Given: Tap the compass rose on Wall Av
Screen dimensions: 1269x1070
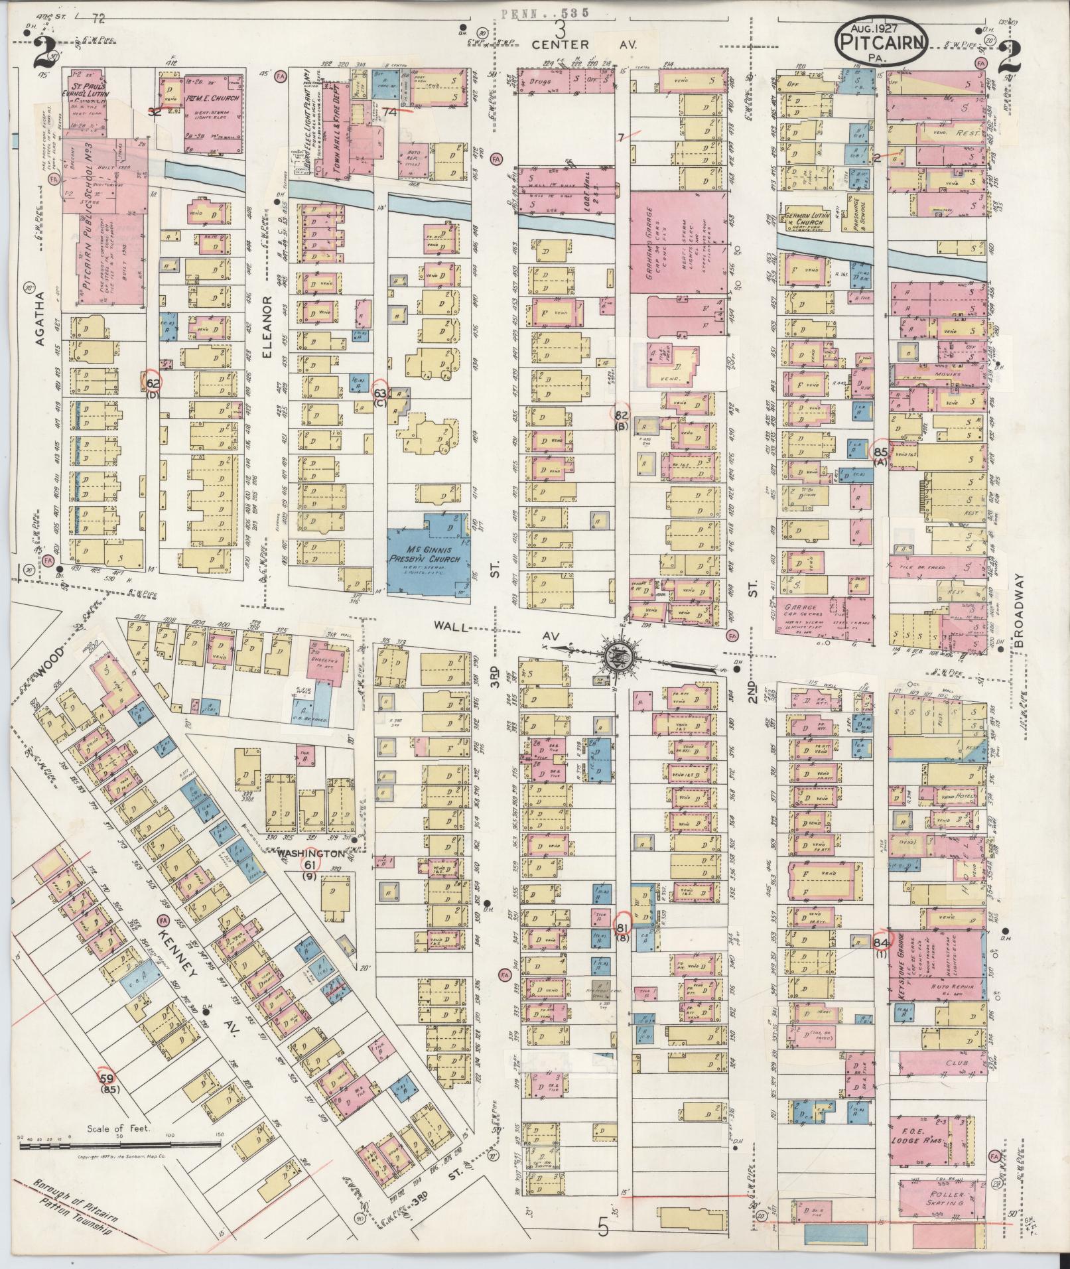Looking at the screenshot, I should pyautogui.click(x=622, y=657).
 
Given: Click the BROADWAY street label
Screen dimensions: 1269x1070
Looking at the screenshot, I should pyautogui.click(x=1020, y=610).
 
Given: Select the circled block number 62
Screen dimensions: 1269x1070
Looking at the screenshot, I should pyautogui.click(x=153, y=383).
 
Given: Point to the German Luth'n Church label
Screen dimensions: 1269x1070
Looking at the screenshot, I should pyautogui.click(x=805, y=220).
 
